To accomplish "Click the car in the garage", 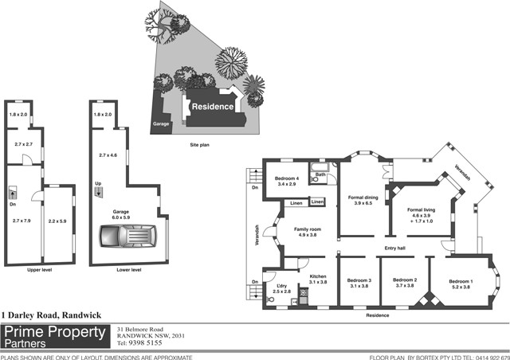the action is point(128,236).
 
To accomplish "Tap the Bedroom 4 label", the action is point(287,181).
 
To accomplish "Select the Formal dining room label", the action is point(363,201).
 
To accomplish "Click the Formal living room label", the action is point(421,215).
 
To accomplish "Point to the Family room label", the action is point(308,232).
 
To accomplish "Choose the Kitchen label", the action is point(318,279).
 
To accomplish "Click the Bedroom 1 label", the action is point(461,284).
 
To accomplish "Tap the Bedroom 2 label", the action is point(405,283).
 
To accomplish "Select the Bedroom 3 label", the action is point(359,284).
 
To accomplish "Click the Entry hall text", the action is point(395,248).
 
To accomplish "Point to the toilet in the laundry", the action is point(269,299).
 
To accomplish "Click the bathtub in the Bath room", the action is point(319,167).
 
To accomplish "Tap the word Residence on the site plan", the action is point(213,107).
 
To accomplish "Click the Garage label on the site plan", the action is point(161,124).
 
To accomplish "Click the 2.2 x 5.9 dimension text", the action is point(57,221).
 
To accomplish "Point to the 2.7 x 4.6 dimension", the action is point(108,155).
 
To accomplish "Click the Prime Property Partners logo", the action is point(55,337).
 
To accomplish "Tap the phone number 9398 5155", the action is point(145,342).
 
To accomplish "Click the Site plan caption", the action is point(200,145).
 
